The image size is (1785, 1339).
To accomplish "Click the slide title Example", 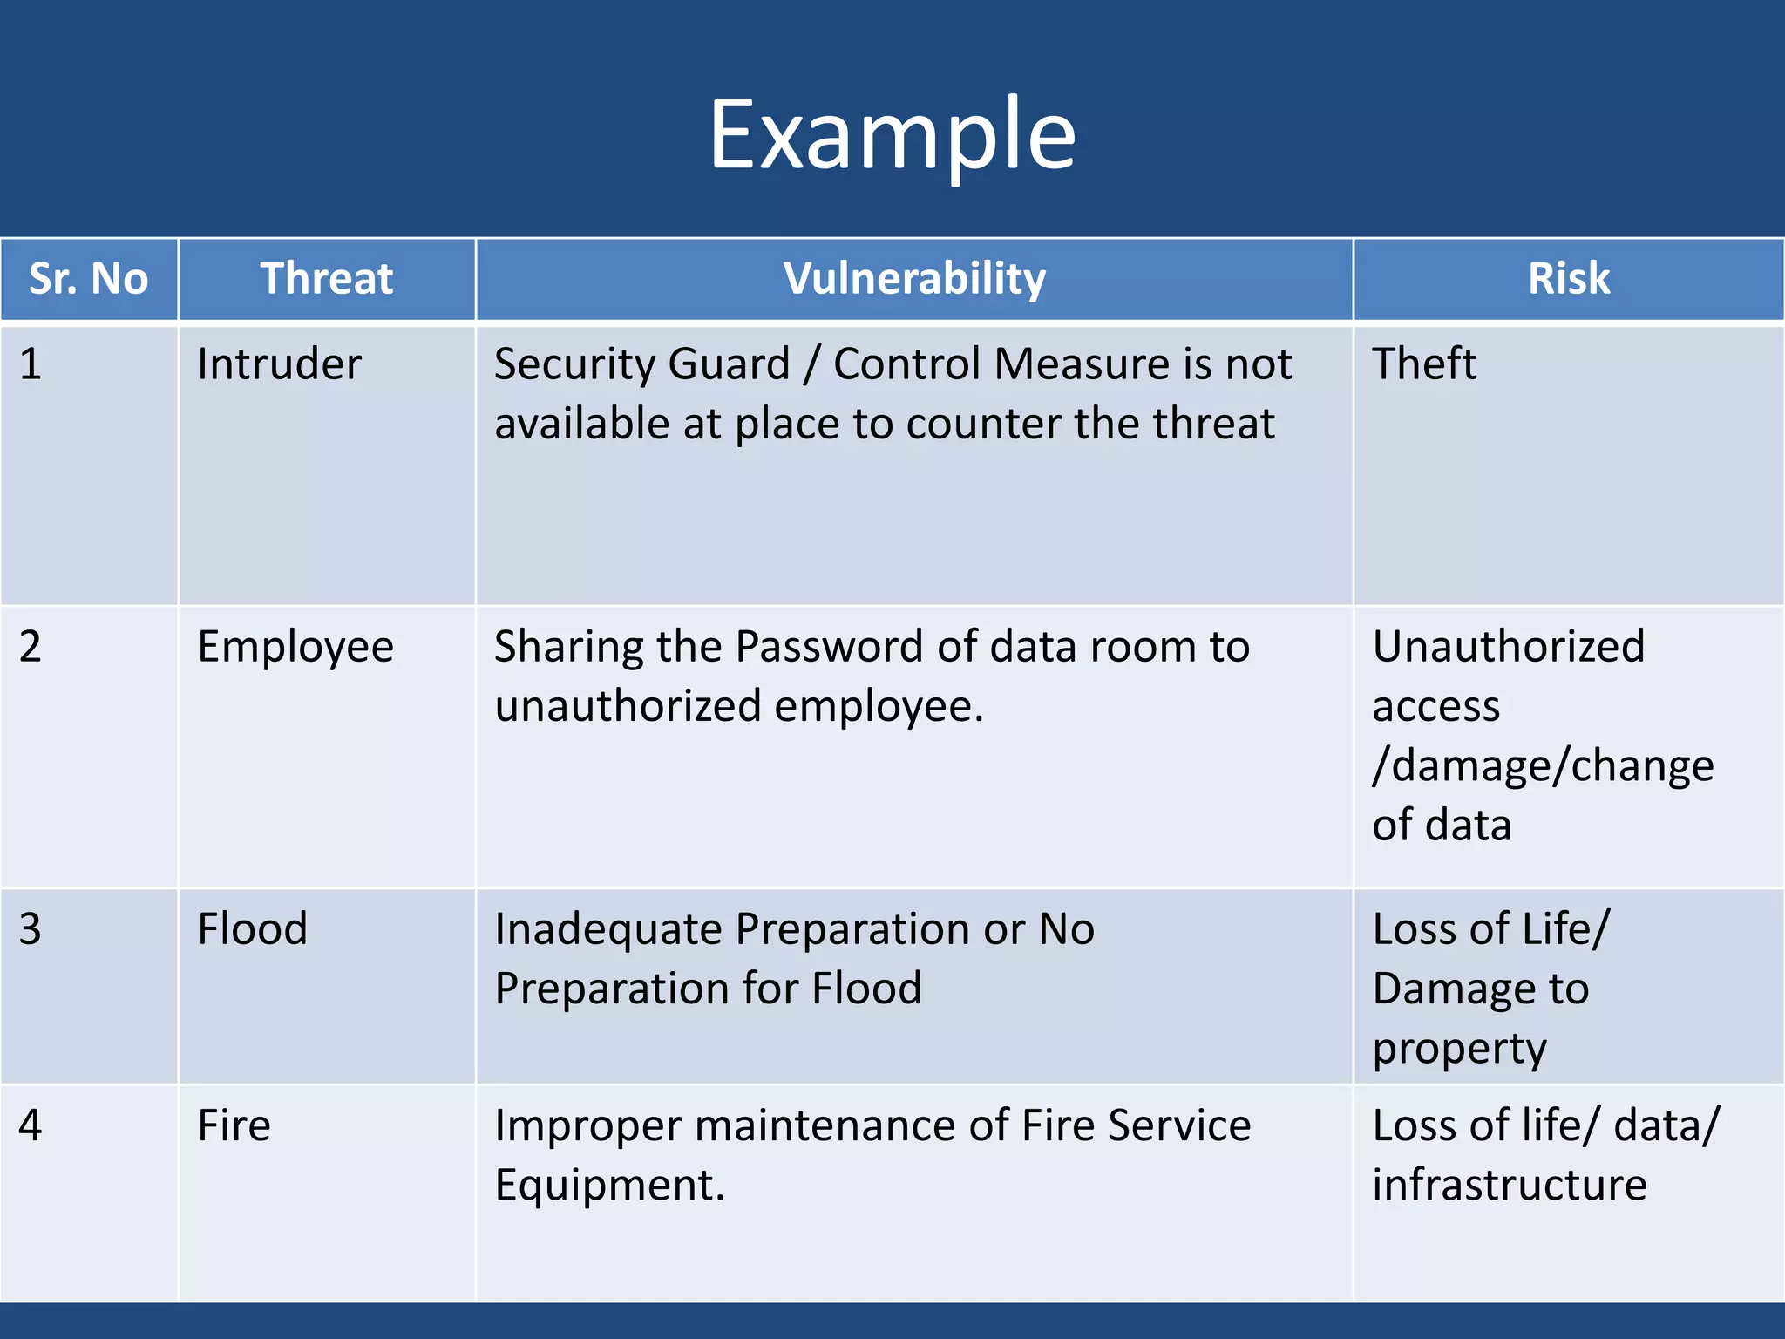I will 892,135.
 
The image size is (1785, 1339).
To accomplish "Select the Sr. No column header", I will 89,279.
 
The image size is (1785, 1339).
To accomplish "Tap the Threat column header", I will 327,279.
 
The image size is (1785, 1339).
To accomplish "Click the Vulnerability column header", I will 914,279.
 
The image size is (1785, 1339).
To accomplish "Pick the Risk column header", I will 1569,279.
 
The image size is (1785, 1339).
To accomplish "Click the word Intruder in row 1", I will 279,364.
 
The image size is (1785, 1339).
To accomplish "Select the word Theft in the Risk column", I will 1424,364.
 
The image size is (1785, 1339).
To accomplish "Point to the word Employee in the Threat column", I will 295,647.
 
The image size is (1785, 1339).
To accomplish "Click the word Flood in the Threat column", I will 253,928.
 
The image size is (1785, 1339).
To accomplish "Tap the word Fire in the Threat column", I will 234,1125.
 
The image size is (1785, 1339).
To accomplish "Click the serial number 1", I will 31,364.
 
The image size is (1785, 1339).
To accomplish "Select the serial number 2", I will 31,647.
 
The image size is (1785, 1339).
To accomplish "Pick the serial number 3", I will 31,928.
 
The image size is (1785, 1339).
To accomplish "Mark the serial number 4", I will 31,1125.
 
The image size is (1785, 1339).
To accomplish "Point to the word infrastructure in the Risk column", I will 1510,1186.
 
